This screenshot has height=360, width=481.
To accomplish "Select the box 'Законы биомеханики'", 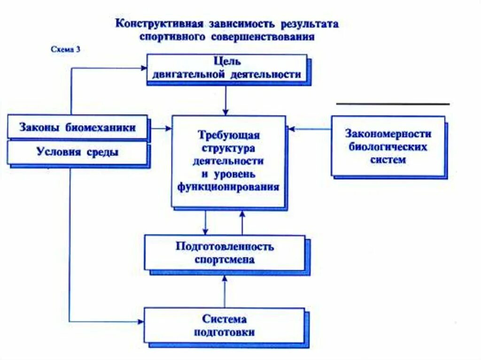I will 78,127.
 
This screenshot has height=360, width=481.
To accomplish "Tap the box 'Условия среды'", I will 78,153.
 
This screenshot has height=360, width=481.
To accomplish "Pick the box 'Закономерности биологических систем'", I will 388,146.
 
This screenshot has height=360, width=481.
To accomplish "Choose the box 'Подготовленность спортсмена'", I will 225,253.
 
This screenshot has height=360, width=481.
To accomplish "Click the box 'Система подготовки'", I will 224,325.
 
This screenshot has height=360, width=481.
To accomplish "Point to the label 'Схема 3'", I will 65,49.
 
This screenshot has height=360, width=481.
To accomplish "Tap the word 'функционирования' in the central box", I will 228,187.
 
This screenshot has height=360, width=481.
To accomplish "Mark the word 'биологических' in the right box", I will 388,146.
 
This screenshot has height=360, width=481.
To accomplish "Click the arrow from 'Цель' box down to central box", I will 226,100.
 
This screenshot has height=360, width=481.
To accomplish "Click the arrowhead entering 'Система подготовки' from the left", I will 140,322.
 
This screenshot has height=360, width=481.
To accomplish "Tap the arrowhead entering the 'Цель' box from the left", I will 144,68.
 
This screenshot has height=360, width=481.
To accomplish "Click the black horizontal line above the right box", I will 393,104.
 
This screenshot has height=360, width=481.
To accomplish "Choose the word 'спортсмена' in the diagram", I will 225,260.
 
